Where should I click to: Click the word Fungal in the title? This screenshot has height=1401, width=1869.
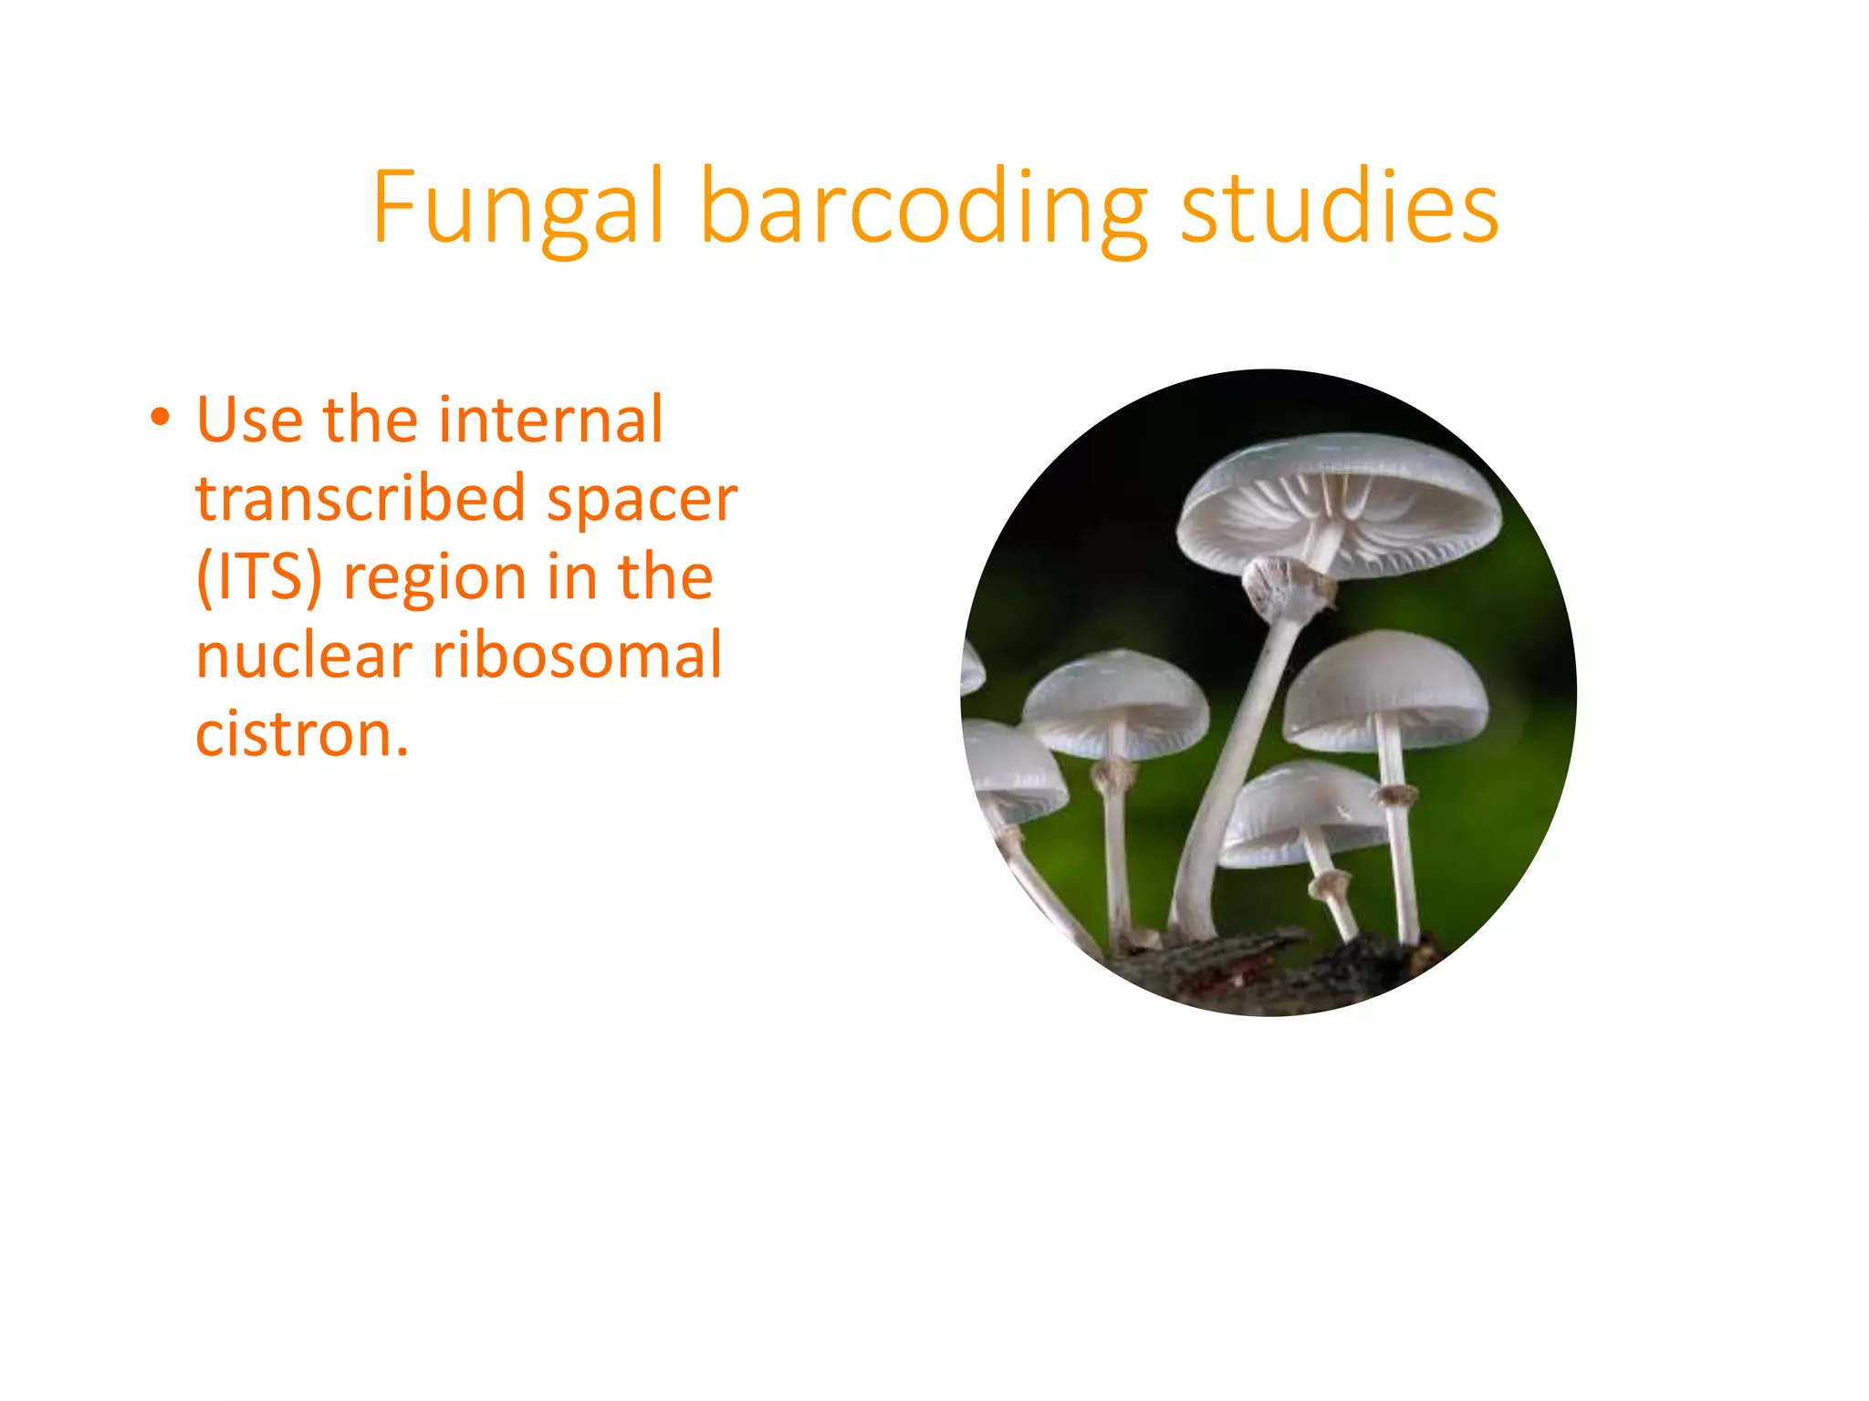pyautogui.click(x=517, y=208)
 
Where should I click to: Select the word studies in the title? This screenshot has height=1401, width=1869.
pyautogui.click(x=1339, y=208)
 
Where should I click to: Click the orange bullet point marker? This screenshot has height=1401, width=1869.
pyautogui.click(x=161, y=418)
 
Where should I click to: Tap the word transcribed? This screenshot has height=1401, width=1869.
pyautogui.click(x=360, y=499)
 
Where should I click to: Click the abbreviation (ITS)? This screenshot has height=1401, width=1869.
pyautogui.click(x=258, y=577)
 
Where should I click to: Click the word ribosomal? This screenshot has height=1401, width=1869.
pyautogui.click(x=577, y=656)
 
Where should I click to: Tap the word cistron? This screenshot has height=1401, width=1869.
pyautogui.click(x=301, y=735)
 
